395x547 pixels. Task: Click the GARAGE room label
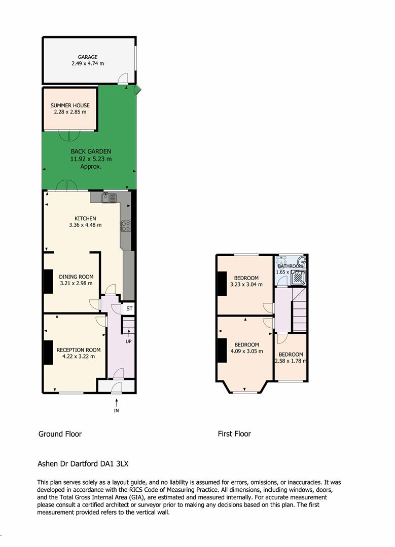pyautogui.click(x=88, y=57)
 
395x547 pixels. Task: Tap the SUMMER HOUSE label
pyautogui.click(x=70, y=105)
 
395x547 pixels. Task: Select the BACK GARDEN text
pyautogui.click(x=91, y=151)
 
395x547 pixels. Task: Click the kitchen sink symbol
pyautogui.click(x=109, y=198)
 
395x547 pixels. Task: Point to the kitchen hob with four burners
pyautogui.click(x=126, y=226)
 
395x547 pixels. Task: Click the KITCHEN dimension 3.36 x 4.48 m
pyautogui.click(x=85, y=225)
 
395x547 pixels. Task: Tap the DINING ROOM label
pyautogui.click(x=76, y=277)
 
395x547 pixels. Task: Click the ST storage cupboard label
pyautogui.click(x=129, y=308)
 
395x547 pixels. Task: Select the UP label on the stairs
pyautogui.click(x=129, y=341)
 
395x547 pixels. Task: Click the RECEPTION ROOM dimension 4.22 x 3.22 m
pyautogui.click(x=79, y=357)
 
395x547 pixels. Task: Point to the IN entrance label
pyautogui.click(x=117, y=411)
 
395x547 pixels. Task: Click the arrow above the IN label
pyautogui.click(x=117, y=402)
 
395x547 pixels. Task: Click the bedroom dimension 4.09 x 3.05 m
pyautogui.click(x=247, y=351)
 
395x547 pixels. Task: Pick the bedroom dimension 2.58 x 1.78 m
pyautogui.click(x=291, y=361)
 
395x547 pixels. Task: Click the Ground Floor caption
pyautogui.click(x=60, y=434)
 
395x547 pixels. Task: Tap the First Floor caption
pyautogui.click(x=234, y=434)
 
